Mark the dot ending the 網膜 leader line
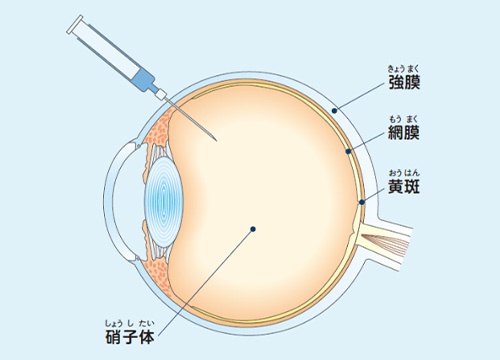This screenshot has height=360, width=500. [347, 152]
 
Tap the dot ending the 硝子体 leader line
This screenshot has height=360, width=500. [254, 230]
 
